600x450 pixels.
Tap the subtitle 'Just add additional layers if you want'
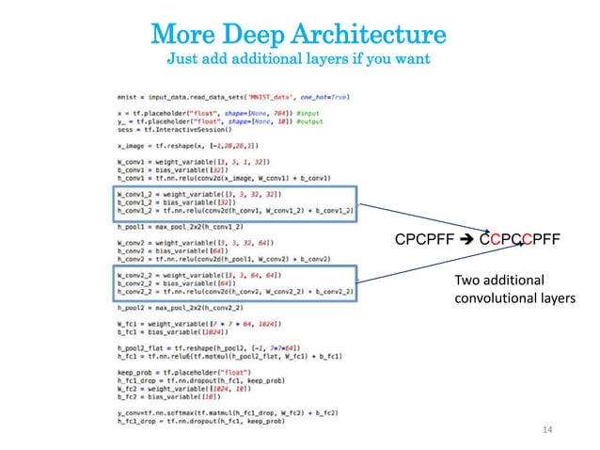pyautogui.click(x=298, y=60)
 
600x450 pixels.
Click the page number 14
pyautogui.click(x=551, y=430)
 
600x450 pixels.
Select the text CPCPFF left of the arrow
pyautogui.click(x=424, y=239)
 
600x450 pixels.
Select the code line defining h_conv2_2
pyautogui.click(x=235, y=293)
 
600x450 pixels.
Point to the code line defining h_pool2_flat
pyautogui.click(x=215, y=348)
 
